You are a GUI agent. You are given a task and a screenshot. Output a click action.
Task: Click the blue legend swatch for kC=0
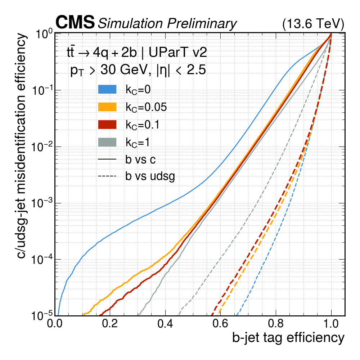click(x=107, y=90)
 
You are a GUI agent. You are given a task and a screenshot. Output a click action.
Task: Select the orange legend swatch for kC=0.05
click(x=107, y=107)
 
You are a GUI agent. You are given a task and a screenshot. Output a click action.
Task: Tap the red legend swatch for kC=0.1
click(x=107, y=125)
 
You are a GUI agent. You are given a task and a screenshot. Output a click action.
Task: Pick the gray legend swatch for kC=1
click(x=107, y=142)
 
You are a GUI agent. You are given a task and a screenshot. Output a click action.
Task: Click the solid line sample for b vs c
click(x=107, y=159)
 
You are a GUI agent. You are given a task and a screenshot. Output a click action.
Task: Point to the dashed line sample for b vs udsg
click(x=107, y=176)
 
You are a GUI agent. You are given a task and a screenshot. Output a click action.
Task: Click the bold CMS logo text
click(x=75, y=23)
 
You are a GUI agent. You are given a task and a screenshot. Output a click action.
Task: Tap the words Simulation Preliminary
click(x=167, y=23)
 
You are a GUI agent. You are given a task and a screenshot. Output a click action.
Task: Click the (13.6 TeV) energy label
click(x=313, y=24)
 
